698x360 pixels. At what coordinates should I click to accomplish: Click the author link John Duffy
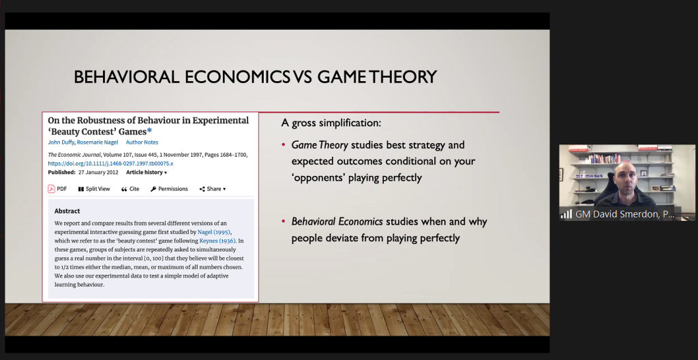pyautogui.click(x=61, y=142)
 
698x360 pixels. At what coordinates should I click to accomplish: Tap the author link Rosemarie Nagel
pyautogui.click(x=97, y=142)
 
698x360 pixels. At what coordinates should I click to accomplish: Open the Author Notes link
pyautogui.click(x=142, y=142)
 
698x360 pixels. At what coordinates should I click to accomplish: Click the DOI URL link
pyautogui.click(x=110, y=164)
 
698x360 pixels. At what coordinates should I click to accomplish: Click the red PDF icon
pyautogui.click(x=52, y=189)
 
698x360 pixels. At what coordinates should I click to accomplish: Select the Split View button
pyautogui.click(x=94, y=189)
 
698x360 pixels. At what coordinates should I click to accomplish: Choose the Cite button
pyautogui.click(x=130, y=189)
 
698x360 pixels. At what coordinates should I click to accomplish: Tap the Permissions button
pyautogui.click(x=169, y=189)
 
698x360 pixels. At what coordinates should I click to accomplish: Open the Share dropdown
pyautogui.click(x=213, y=189)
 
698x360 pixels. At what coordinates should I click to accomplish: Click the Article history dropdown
pyautogui.click(x=147, y=172)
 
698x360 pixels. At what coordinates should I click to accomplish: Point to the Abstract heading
pyautogui.click(x=67, y=211)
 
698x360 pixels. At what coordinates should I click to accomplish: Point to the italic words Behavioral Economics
pyautogui.click(x=337, y=222)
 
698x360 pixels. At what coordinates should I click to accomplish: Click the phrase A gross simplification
pyautogui.click(x=331, y=123)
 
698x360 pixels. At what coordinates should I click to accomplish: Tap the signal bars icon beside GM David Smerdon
pyautogui.click(x=566, y=214)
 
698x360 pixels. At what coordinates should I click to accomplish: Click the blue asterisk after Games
pyautogui.click(x=149, y=131)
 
